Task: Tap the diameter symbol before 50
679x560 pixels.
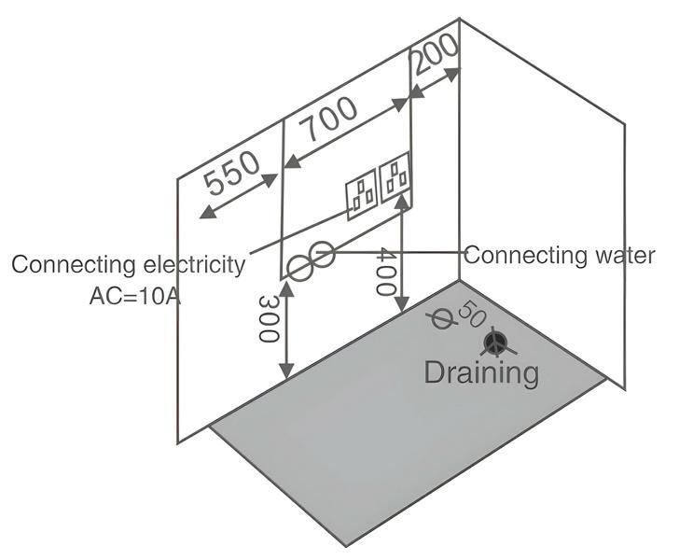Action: [x=440, y=318]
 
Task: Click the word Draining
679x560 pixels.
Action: [x=481, y=372]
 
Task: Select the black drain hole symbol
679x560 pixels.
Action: [x=497, y=343]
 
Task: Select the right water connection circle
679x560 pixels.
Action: [x=323, y=255]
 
